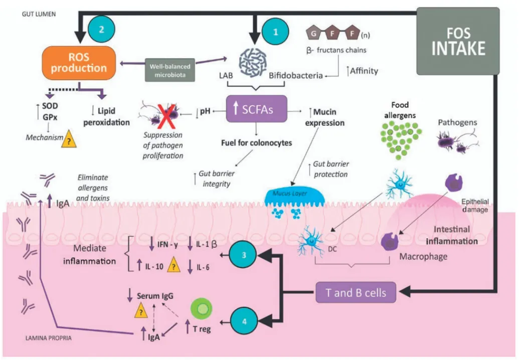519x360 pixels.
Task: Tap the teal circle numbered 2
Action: click(x=101, y=30)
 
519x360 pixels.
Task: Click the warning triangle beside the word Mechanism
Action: click(x=67, y=140)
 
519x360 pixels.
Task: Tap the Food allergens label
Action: click(x=400, y=110)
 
